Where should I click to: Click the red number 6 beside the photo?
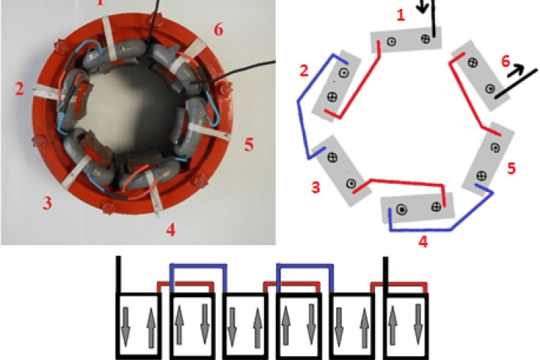(218, 30)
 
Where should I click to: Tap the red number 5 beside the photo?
(249, 144)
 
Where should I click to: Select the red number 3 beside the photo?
(47, 202)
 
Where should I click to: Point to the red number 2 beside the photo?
(19, 89)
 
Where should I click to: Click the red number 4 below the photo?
(171, 229)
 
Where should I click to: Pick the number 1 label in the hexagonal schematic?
(400, 15)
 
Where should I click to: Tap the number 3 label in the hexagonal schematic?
(316, 187)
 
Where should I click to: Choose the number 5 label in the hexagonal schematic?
(511, 169)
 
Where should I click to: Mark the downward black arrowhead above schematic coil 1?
(422, 7)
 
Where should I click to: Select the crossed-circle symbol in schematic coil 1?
(426, 38)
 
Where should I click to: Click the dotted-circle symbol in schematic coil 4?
(401, 209)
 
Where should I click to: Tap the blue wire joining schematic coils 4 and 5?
(451, 229)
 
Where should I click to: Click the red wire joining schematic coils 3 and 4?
(406, 181)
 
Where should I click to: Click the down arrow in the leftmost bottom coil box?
(126, 325)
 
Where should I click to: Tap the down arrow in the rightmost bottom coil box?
(418, 323)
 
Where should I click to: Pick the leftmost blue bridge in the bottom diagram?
(198, 265)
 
